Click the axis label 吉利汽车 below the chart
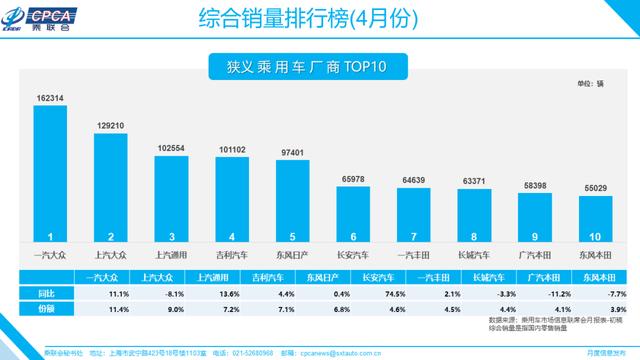(231, 254)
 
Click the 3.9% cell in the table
(603, 310)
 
